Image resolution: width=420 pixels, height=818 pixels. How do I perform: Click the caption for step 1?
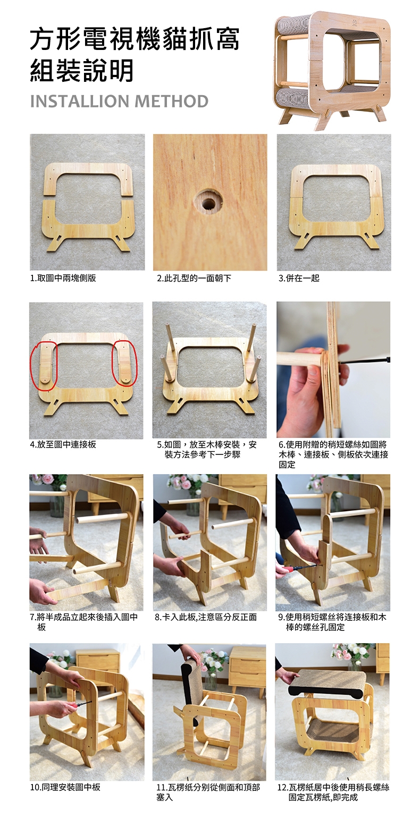coord(63,278)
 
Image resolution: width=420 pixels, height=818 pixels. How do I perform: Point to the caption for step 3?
coord(299,279)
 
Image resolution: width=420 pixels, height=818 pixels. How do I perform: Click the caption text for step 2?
coord(194,279)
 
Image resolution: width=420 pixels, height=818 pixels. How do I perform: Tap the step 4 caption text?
coord(63,444)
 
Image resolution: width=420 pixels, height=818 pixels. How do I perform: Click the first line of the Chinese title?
coord(135,40)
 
